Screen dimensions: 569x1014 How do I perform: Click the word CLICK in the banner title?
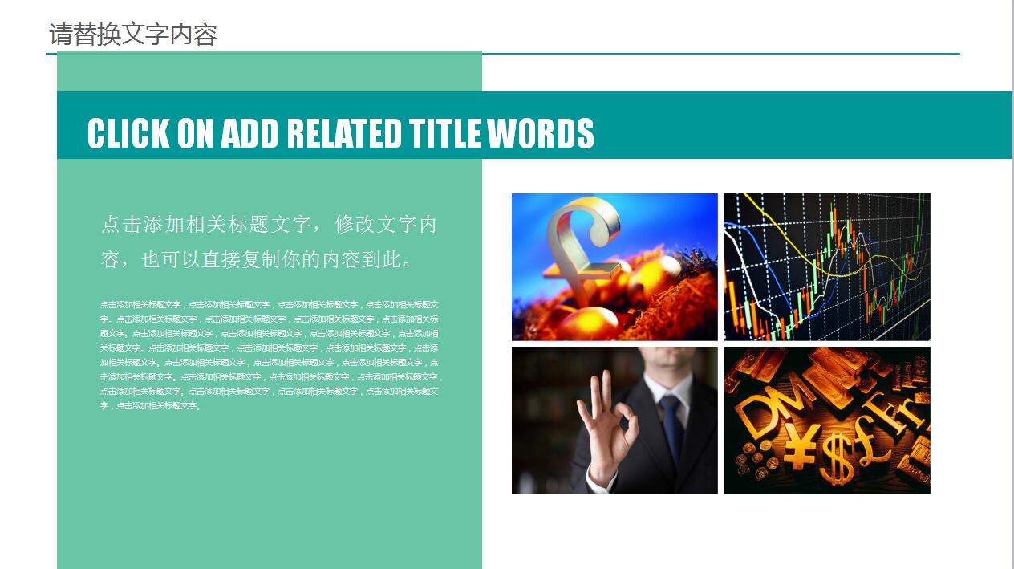pos(128,133)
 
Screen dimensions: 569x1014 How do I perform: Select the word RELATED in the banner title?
pos(344,133)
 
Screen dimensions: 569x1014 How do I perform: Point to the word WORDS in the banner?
pos(541,133)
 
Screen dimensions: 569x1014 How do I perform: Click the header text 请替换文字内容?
pos(133,35)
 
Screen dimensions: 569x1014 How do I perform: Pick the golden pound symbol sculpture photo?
pos(614,266)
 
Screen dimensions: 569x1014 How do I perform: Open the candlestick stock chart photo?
pos(827,266)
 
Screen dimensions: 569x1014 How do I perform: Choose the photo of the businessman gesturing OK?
pos(614,420)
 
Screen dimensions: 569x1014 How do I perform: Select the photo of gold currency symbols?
pos(827,420)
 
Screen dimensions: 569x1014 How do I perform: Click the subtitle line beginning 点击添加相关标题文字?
pos(269,224)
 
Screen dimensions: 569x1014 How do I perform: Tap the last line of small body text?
pos(150,406)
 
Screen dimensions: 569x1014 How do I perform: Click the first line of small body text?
pos(269,305)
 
